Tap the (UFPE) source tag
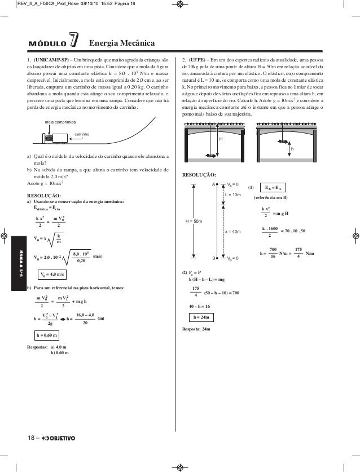coord(197,59)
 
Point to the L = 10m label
coord(232,194)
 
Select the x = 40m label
coord(232,231)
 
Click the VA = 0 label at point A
coord(232,184)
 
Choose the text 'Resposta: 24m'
coord(194,328)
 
